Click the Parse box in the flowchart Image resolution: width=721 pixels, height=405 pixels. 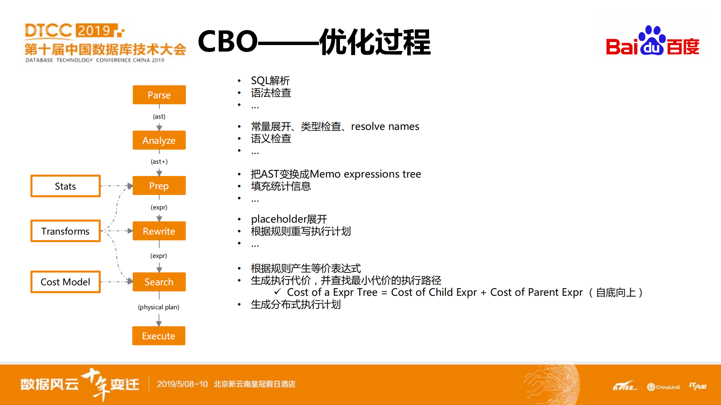[x=159, y=95]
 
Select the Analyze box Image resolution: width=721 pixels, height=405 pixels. [x=159, y=140]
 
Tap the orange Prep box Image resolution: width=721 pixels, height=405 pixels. [x=159, y=186]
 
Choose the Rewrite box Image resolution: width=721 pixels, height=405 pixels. [x=159, y=231]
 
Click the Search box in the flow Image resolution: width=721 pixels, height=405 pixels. [x=159, y=282]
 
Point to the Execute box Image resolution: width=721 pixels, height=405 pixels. [x=159, y=336]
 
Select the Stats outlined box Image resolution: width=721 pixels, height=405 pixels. [x=65, y=186]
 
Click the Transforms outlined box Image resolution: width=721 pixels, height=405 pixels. [x=65, y=231]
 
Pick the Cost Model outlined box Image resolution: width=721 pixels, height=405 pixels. [x=65, y=282]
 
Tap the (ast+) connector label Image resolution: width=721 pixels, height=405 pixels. [x=159, y=162]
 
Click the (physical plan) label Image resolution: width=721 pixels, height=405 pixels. [x=159, y=307]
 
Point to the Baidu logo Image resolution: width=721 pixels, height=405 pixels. [x=652, y=41]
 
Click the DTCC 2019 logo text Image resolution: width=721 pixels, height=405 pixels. [x=73, y=31]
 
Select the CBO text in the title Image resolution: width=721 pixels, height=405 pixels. [x=227, y=42]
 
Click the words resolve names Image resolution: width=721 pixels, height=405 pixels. [x=385, y=126]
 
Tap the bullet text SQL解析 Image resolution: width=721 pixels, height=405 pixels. [x=270, y=81]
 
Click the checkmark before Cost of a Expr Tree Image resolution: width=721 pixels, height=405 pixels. [x=278, y=292]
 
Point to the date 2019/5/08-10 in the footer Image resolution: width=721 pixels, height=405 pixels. [x=182, y=384]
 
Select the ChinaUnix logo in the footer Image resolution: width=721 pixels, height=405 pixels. [x=664, y=387]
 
